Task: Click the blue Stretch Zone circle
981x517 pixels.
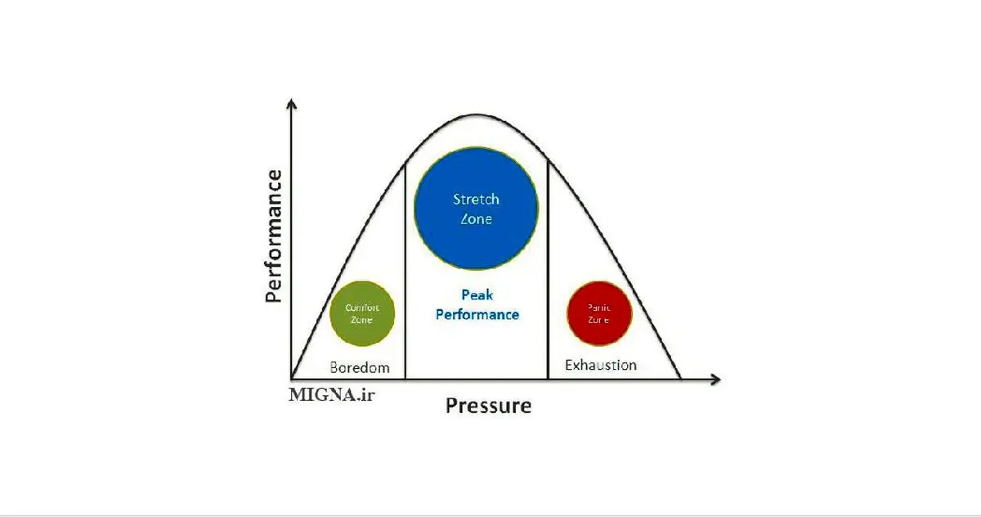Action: pos(476,209)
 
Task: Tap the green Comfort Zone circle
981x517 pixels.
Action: pos(362,313)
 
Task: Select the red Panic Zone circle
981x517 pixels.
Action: pos(599,313)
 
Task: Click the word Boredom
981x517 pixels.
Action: pos(359,367)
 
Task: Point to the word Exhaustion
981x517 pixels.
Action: pos(600,365)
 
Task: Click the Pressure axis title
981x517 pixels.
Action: pos(488,406)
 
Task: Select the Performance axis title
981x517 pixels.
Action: pos(274,236)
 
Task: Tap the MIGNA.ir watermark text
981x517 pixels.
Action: pos(332,395)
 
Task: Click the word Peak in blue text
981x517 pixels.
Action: pos(477,294)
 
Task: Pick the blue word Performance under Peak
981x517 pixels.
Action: pos(477,314)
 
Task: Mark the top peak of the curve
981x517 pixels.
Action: pos(477,115)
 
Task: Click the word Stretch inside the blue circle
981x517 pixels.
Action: pos(476,199)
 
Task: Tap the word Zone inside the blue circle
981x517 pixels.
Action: pos(476,219)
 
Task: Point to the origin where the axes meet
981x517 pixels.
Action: pos(291,379)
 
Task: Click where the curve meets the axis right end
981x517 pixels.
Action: pos(680,379)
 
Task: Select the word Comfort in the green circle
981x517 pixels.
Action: pos(361,308)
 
